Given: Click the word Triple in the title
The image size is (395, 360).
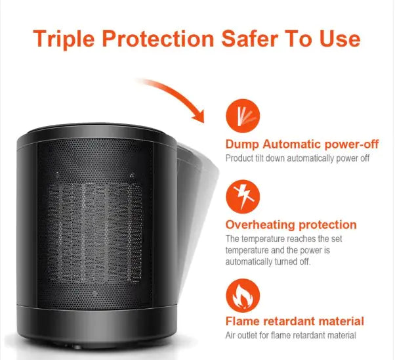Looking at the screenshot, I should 65,38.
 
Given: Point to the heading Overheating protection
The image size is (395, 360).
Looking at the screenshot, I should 291,225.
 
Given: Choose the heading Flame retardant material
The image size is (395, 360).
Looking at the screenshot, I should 295,321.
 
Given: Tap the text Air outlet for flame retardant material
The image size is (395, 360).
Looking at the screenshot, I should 291,335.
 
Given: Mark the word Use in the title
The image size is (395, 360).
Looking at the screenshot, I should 339,38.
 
